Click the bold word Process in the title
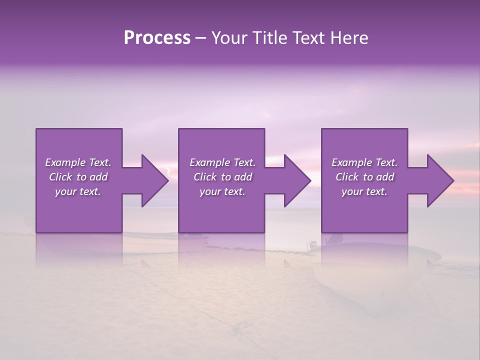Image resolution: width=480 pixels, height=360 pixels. click(157, 38)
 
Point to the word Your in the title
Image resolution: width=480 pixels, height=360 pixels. click(227, 38)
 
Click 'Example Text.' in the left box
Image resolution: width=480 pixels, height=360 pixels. click(78, 162)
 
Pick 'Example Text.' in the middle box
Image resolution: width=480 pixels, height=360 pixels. click(222, 162)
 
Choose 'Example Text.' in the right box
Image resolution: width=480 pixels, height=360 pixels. click(364, 162)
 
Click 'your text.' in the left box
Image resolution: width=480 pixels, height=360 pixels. click(78, 191)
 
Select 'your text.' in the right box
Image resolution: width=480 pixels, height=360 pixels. click(364, 191)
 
